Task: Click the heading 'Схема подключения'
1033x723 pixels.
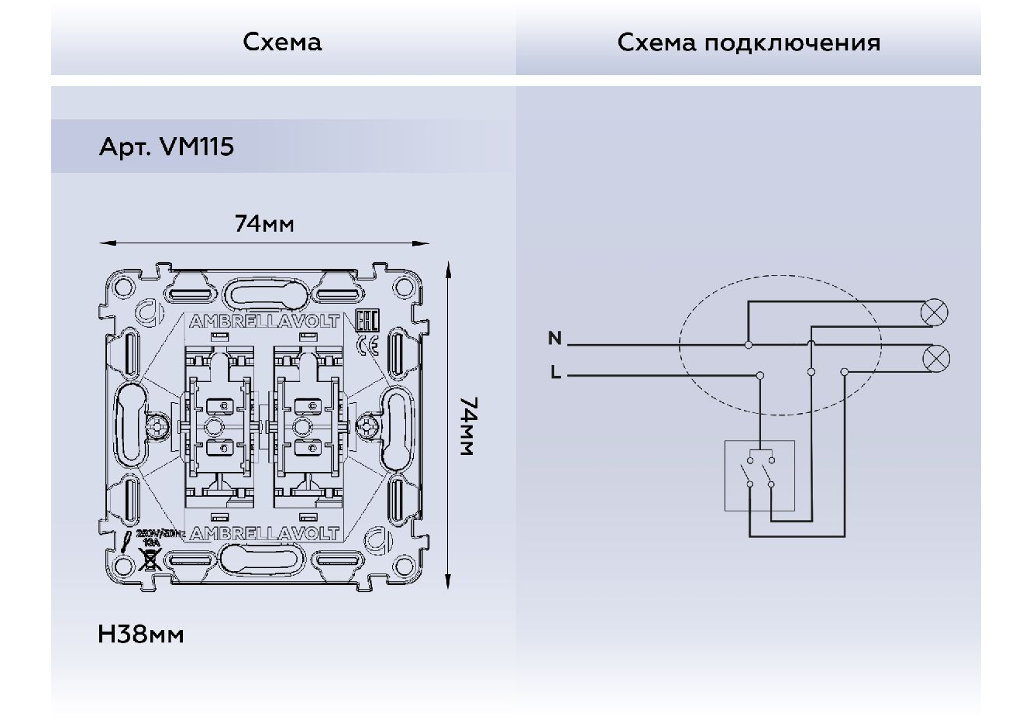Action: click(x=749, y=42)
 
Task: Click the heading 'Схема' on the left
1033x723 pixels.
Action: click(x=282, y=42)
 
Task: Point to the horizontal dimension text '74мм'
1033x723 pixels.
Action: click(x=264, y=224)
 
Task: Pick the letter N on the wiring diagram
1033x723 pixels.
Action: click(x=555, y=339)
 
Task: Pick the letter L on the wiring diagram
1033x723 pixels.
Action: click(x=556, y=373)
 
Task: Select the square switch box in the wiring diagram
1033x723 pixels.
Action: click(x=759, y=475)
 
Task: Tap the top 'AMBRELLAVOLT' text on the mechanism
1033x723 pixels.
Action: click(x=264, y=321)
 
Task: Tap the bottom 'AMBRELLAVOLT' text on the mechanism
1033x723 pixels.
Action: click(x=264, y=533)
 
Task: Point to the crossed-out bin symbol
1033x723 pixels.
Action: click(x=150, y=559)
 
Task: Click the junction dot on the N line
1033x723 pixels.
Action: click(x=749, y=343)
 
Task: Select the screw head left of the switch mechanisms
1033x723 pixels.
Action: click(x=160, y=427)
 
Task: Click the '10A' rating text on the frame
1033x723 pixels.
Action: click(x=151, y=542)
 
